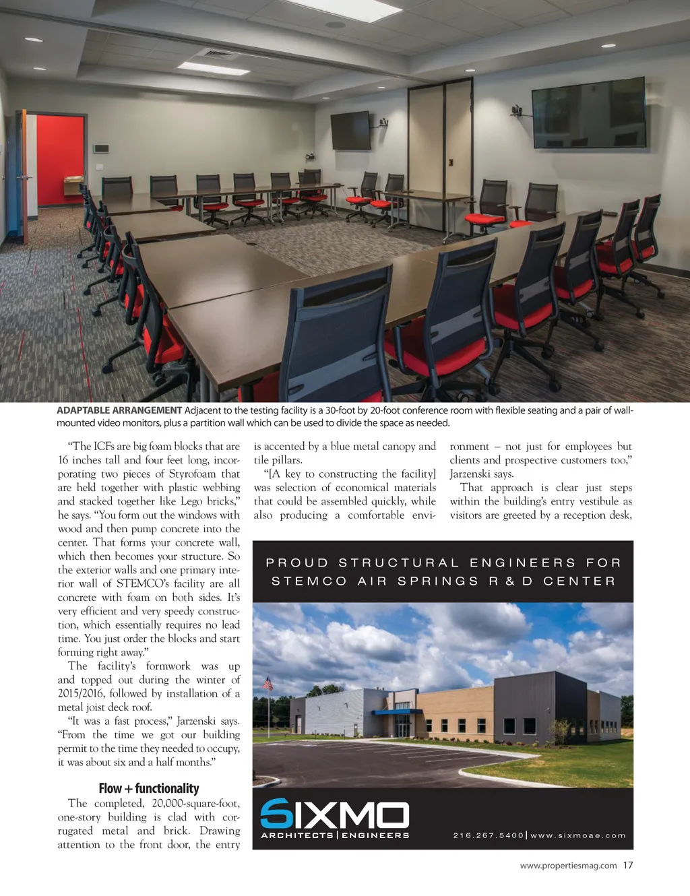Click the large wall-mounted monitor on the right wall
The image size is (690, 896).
[588, 113]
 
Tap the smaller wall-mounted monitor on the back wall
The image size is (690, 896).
[350, 129]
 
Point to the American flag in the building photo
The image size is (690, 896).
[268, 683]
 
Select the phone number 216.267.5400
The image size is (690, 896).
[488, 835]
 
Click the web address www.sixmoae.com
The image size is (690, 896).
[578, 835]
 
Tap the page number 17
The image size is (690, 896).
[628, 865]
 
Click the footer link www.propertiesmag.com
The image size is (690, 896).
[568, 866]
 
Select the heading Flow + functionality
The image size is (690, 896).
[149, 788]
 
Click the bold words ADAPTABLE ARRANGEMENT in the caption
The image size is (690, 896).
[119, 410]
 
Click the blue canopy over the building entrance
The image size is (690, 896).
[397, 711]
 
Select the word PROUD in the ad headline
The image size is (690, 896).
[297, 563]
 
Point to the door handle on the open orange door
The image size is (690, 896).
[24, 177]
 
